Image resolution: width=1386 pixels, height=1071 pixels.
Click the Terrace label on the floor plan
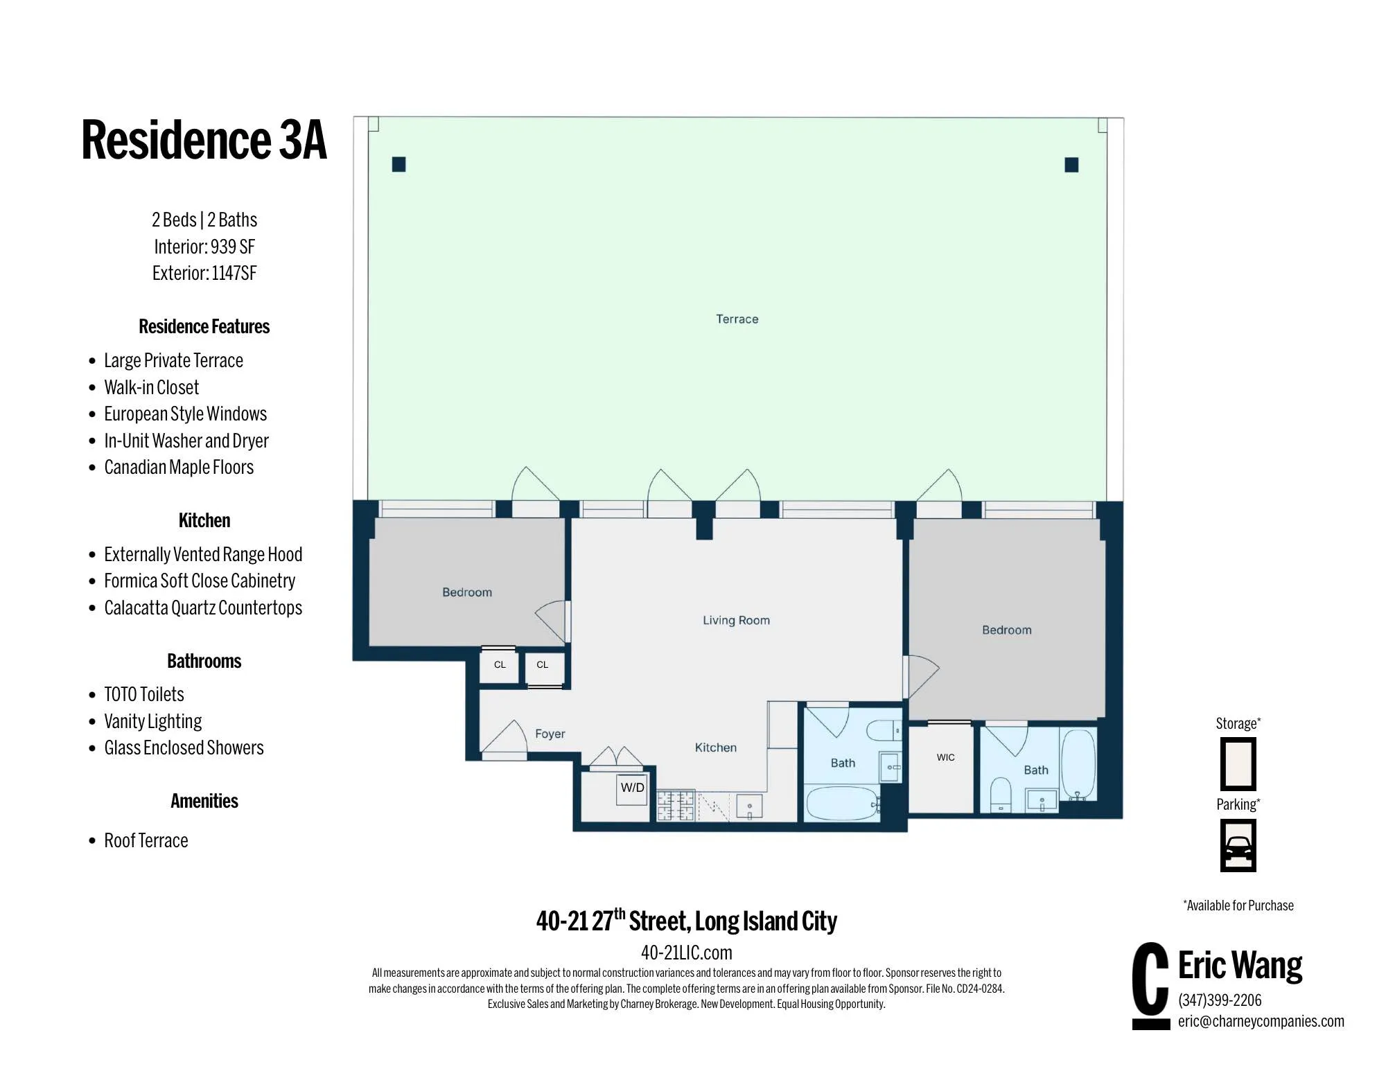click(x=737, y=319)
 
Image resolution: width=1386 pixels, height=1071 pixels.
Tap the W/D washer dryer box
click(x=632, y=788)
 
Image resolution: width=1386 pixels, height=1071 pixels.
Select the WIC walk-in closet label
click(x=945, y=757)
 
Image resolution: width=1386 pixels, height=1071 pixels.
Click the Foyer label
click(x=550, y=734)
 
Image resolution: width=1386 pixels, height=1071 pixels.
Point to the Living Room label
click(x=736, y=620)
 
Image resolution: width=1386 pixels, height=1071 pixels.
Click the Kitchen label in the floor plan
click(x=715, y=747)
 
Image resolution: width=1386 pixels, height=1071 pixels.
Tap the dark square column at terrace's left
click(x=398, y=164)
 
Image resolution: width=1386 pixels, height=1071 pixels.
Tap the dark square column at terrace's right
click(x=1071, y=165)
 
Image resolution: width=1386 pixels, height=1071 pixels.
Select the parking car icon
click(x=1238, y=846)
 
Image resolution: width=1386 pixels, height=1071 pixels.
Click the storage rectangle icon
click(x=1238, y=764)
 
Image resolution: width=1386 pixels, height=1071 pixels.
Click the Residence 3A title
click(x=204, y=140)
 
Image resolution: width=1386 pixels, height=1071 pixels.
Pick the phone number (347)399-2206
click(x=1220, y=1000)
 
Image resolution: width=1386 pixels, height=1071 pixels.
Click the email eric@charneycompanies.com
click(x=1261, y=1021)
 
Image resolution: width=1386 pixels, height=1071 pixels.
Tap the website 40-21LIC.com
click(x=686, y=953)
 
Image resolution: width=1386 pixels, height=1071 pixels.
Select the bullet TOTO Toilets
click(x=144, y=694)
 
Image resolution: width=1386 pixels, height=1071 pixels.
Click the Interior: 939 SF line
click(x=204, y=247)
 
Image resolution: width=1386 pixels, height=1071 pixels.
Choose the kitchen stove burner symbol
click(x=676, y=806)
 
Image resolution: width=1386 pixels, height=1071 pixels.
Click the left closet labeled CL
click(x=500, y=665)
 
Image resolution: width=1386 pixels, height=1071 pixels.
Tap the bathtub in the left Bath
click(x=842, y=804)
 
